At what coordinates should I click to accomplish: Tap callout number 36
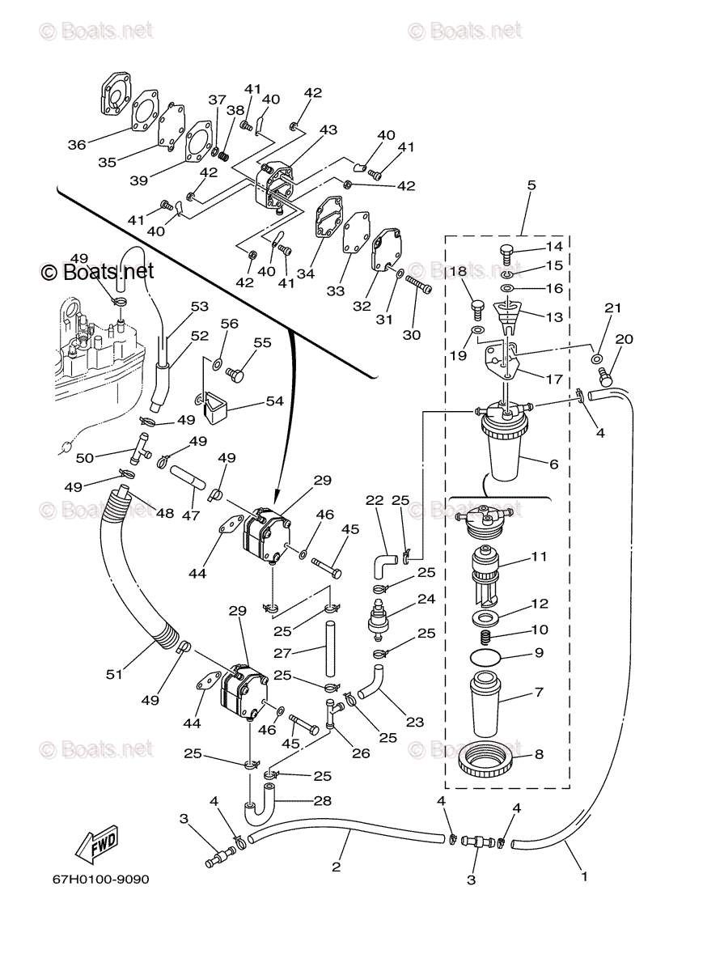[x=76, y=145]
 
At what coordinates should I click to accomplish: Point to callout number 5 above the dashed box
[x=531, y=184]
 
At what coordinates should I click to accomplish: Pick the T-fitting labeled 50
[x=141, y=447]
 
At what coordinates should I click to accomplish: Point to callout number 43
[x=328, y=129]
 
